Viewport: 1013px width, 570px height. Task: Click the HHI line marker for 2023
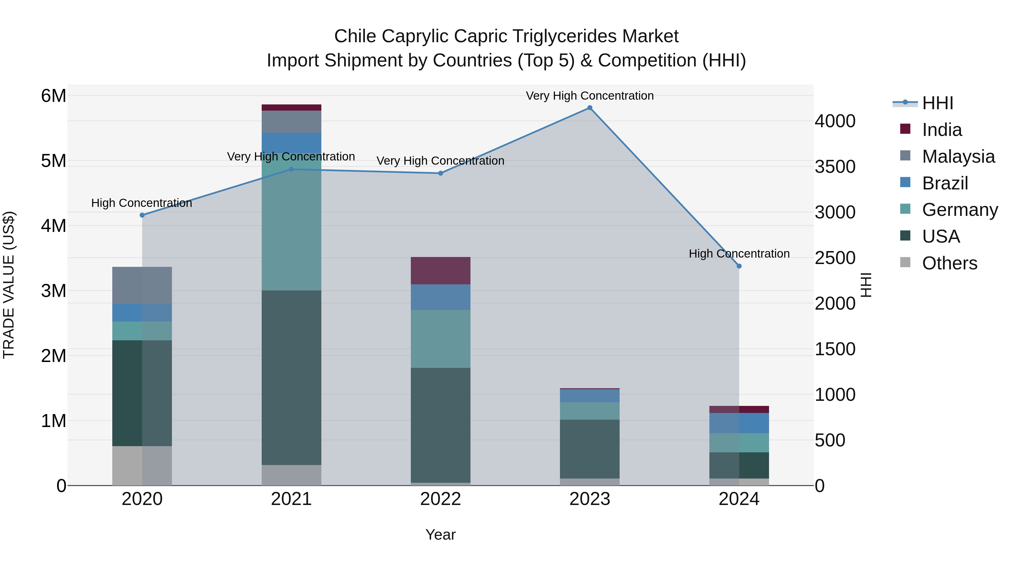pyautogui.click(x=590, y=108)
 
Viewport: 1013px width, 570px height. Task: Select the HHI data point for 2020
pyautogui.click(x=142, y=215)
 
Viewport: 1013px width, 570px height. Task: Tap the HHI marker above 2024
pyautogui.click(x=739, y=266)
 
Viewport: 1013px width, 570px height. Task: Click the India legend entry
pyautogui.click(x=942, y=130)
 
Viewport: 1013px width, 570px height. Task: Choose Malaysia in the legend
pyautogui.click(x=958, y=157)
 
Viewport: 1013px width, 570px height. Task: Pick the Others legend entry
pyautogui.click(x=949, y=263)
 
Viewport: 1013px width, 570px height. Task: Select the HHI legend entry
pyautogui.click(x=938, y=103)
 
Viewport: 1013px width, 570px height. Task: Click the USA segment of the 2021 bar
pyautogui.click(x=292, y=378)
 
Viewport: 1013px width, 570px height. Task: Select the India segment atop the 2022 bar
pyautogui.click(x=440, y=271)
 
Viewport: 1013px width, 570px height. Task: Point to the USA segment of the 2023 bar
pyautogui.click(x=590, y=449)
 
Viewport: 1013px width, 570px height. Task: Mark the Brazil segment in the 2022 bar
pyautogui.click(x=440, y=297)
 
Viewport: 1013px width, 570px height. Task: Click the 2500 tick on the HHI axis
pyautogui.click(x=835, y=258)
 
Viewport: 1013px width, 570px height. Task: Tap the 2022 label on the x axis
pyautogui.click(x=440, y=499)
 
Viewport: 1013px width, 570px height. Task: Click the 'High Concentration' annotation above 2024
pyautogui.click(x=739, y=254)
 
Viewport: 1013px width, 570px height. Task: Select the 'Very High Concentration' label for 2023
pyautogui.click(x=590, y=96)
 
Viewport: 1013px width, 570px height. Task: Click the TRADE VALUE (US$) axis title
pyautogui.click(x=9, y=285)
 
